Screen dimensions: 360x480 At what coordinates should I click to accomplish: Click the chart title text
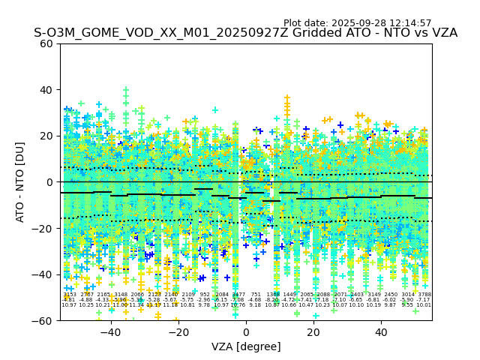[245, 33]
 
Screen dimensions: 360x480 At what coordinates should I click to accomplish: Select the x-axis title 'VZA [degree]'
[245, 346]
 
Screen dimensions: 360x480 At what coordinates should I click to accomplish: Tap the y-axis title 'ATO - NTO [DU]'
[21, 182]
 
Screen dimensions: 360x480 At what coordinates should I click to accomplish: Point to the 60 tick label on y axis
[46, 43]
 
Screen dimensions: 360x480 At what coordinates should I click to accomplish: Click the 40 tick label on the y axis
[46, 90]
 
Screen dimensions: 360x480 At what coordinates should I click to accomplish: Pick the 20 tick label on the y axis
[46, 136]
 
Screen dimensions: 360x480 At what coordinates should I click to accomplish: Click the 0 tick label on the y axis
[49, 182]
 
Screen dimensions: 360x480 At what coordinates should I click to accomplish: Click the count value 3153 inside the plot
[69, 295]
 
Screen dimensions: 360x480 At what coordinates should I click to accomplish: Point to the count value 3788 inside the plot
[424, 295]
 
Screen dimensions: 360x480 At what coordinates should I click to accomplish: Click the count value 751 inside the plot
[256, 295]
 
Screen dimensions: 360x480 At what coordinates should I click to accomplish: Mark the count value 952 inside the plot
[205, 295]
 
